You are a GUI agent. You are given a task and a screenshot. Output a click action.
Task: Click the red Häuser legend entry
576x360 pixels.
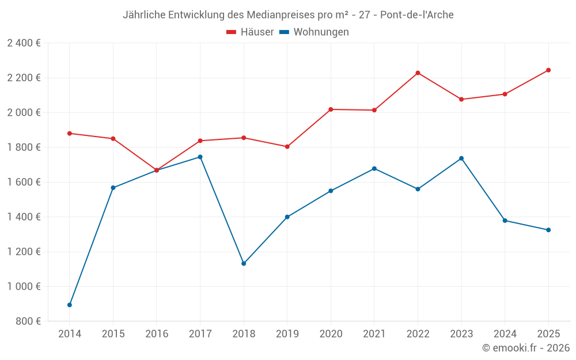click(250, 32)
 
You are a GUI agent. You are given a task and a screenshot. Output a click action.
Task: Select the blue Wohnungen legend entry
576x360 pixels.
click(314, 32)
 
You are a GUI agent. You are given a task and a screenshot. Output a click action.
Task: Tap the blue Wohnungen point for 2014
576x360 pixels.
click(70, 305)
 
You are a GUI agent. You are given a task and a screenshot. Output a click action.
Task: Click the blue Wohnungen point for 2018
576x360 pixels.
click(244, 263)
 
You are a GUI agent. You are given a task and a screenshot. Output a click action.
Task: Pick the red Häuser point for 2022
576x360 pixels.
click(418, 73)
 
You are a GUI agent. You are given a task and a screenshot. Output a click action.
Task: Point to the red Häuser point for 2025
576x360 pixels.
click(548, 70)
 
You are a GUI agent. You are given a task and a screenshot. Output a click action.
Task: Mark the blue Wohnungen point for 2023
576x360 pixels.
click(461, 158)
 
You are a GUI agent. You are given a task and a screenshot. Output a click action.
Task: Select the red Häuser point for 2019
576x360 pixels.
click(287, 147)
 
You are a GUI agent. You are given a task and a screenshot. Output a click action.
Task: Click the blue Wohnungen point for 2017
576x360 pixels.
click(200, 157)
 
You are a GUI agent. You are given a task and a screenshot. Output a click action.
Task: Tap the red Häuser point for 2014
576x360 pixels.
click(70, 133)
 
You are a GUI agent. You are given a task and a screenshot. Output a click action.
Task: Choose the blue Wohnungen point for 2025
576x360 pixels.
click(548, 230)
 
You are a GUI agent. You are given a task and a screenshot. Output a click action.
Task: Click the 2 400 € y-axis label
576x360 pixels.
click(24, 43)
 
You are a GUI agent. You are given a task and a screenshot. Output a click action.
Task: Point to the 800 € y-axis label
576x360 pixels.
click(28, 321)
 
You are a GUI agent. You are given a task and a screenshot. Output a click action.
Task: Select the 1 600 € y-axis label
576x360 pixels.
click(24, 182)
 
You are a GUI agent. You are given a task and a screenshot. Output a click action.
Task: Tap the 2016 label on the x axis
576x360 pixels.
click(157, 334)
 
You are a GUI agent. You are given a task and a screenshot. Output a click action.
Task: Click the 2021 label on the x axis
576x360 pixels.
click(374, 334)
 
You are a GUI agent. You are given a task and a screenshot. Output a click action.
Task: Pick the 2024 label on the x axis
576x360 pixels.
click(505, 334)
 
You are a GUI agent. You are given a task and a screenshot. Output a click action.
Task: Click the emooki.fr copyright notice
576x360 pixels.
click(526, 348)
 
